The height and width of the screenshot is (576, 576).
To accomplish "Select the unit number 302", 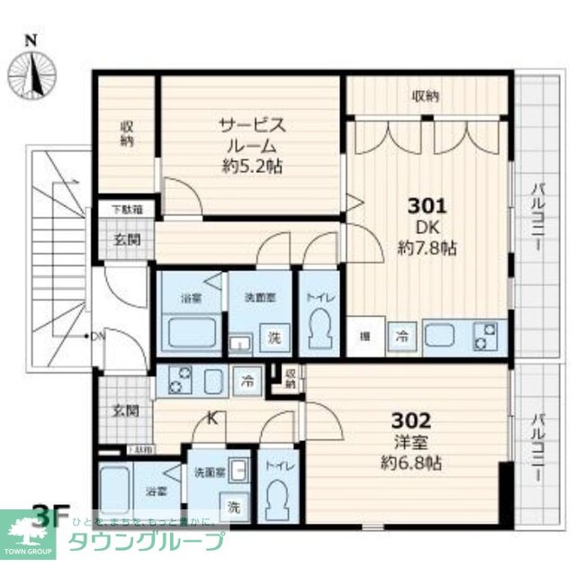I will point(410,419).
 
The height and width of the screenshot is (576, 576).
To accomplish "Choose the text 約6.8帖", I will point(410,465).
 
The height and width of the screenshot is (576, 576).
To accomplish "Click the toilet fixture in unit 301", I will point(319,328).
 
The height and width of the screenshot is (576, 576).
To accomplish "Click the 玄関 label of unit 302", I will point(125,411).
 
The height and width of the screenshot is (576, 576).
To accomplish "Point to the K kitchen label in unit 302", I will point(213,418).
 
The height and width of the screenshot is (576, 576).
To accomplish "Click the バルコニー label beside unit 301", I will point(536,217).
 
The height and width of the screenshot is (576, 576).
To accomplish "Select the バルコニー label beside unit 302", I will point(536,447).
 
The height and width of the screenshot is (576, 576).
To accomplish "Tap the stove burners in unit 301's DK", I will point(489,337).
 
